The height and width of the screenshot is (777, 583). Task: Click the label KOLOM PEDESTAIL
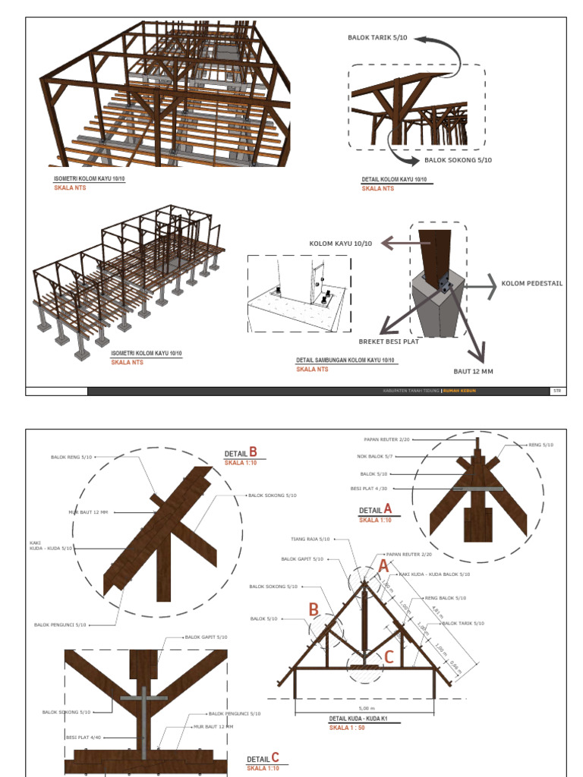532,284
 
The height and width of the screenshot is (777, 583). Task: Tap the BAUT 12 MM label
473,371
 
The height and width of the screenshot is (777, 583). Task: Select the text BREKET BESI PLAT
389,341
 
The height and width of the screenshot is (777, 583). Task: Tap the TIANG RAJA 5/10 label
310,539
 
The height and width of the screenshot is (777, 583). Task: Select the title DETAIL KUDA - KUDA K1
358,719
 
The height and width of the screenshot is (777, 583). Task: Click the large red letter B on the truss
314,609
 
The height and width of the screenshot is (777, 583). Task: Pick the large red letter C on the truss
388,656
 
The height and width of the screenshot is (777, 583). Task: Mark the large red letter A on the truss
383,566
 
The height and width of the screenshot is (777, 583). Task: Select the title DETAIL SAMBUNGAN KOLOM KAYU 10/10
345,360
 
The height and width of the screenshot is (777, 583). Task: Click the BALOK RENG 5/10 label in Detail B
71,457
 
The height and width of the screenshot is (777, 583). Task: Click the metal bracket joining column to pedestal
444,284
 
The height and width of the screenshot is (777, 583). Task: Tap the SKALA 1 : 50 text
347,727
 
